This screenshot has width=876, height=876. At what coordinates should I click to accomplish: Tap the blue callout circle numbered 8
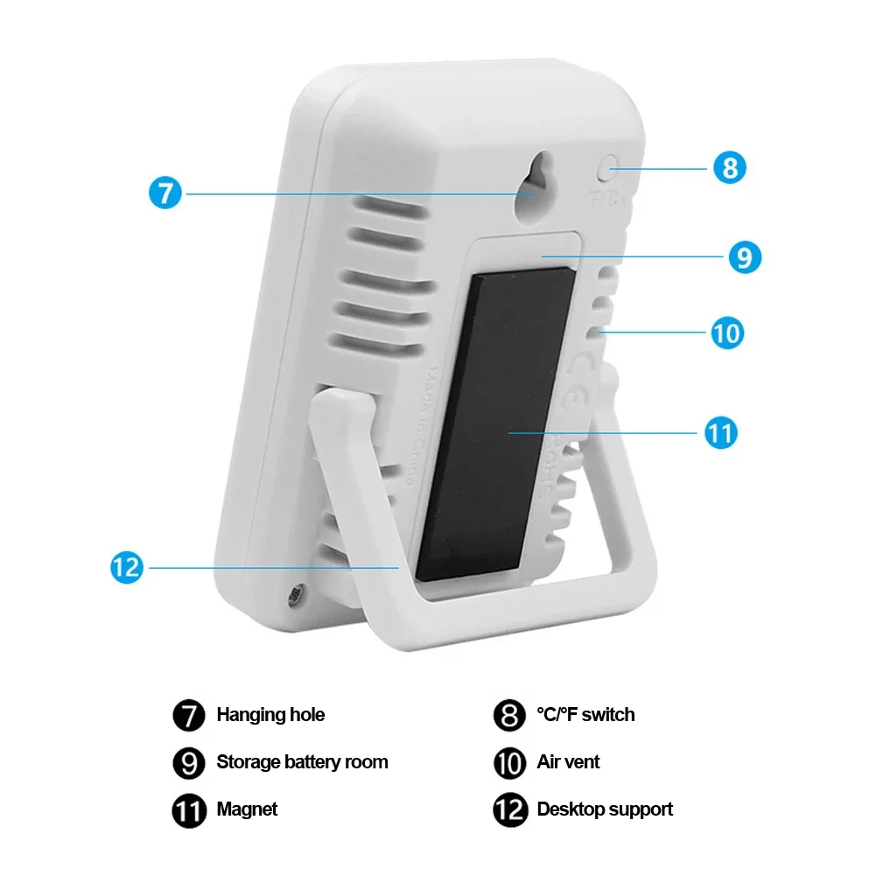click(730, 166)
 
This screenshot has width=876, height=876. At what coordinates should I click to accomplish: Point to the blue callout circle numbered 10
click(727, 333)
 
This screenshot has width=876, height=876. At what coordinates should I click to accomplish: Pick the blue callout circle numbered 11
click(720, 432)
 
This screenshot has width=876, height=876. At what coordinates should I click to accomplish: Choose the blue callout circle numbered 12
click(126, 567)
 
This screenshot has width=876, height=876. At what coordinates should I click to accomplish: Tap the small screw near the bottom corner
click(294, 596)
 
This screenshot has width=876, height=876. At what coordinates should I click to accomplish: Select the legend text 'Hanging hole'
click(270, 715)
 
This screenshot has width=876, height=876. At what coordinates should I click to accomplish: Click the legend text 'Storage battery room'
click(302, 762)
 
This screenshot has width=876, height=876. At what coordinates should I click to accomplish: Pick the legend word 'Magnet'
click(247, 809)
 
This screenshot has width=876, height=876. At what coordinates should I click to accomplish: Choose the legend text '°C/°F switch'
click(585, 715)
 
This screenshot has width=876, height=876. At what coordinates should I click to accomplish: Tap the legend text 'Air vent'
click(568, 762)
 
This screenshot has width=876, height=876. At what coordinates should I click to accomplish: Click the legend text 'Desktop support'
click(605, 809)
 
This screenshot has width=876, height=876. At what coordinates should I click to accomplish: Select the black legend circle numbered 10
click(509, 763)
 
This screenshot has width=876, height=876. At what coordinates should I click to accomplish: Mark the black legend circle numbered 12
click(509, 810)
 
